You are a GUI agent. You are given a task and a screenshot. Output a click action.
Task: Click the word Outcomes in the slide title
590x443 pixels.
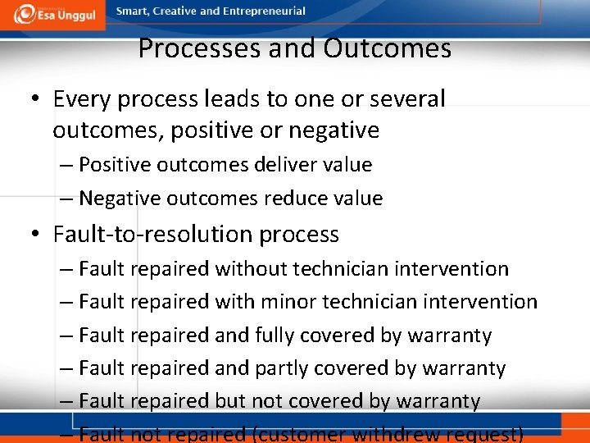(x=387, y=49)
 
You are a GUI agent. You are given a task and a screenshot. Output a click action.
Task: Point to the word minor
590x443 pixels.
(x=288, y=302)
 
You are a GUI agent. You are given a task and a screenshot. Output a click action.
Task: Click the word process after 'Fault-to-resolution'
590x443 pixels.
(x=299, y=235)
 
